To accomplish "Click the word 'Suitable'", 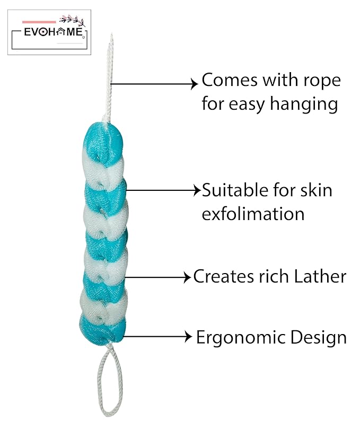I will [x=231, y=190].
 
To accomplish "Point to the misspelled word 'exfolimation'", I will [x=253, y=214].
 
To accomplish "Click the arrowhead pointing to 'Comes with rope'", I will [x=194, y=83].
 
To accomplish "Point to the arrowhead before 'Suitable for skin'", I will [x=196, y=190].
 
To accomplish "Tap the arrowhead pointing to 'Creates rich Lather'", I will [x=187, y=277].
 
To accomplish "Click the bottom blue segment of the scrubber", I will [x=103, y=326].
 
